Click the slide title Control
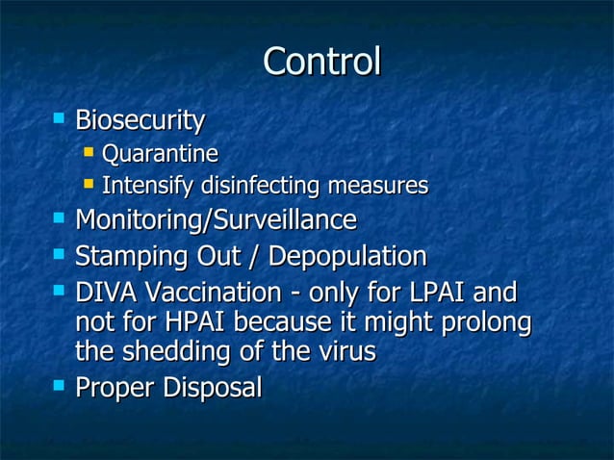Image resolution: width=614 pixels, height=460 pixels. pyautogui.click(x=321, y=63)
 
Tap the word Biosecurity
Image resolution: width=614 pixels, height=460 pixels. pyautogui.click(x=140, y=121)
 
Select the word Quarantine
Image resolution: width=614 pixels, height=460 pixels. pyautogui.click(x=160, y=154)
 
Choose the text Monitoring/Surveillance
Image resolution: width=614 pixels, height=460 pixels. pyautogui.click(x=216, y=220)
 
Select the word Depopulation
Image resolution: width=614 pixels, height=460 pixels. pyautogui.click(x=346, y=257)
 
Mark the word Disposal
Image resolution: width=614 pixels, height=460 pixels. pyautogui.click(x=213, y=389)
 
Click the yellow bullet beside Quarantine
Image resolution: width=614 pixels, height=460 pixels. pyautogui.click(x=89, y=152)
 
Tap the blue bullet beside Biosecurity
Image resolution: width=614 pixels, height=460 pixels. pyautogui.click(x=60, y=119)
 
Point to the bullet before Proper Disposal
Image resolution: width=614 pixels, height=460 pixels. pyautogui.click(x=60, y=386)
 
